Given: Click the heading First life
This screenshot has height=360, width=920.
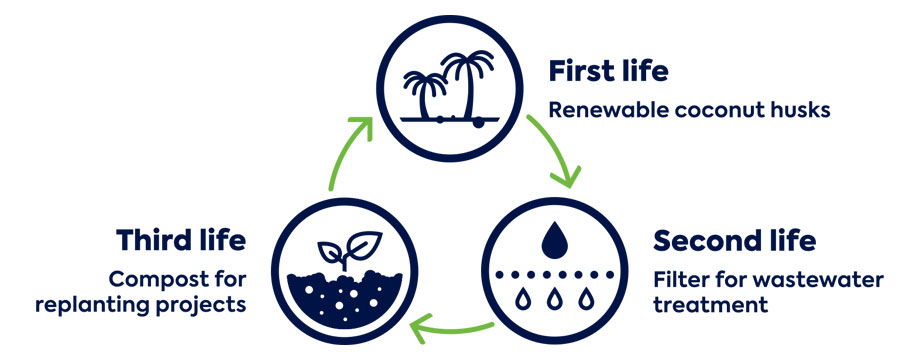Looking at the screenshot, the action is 608,73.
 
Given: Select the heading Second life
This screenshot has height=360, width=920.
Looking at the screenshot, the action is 734,241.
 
